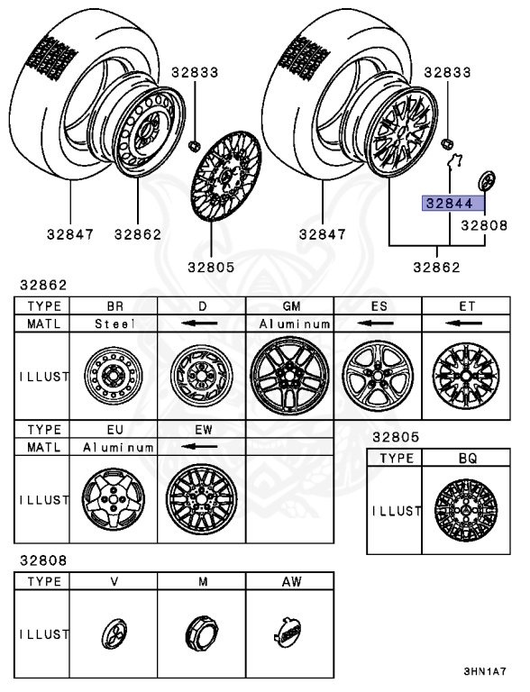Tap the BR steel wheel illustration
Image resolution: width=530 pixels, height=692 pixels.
point(113,376)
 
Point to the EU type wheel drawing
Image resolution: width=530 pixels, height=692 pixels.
point(112,498)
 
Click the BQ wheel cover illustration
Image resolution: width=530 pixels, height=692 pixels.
point(464,511)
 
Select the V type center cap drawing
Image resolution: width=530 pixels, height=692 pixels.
point(114,633)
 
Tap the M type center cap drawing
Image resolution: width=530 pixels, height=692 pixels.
point(202,633)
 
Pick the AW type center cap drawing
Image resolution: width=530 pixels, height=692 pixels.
point(288,632)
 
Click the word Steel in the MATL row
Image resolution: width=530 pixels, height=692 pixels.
point(114,323)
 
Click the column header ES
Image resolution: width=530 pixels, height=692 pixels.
point(378,305)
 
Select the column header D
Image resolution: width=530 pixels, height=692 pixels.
point(201,305)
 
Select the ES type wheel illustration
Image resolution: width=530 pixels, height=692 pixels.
point(378,375)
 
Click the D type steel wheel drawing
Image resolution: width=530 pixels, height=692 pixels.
point(201,376)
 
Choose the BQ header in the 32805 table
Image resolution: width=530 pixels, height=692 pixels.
point(466,458)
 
